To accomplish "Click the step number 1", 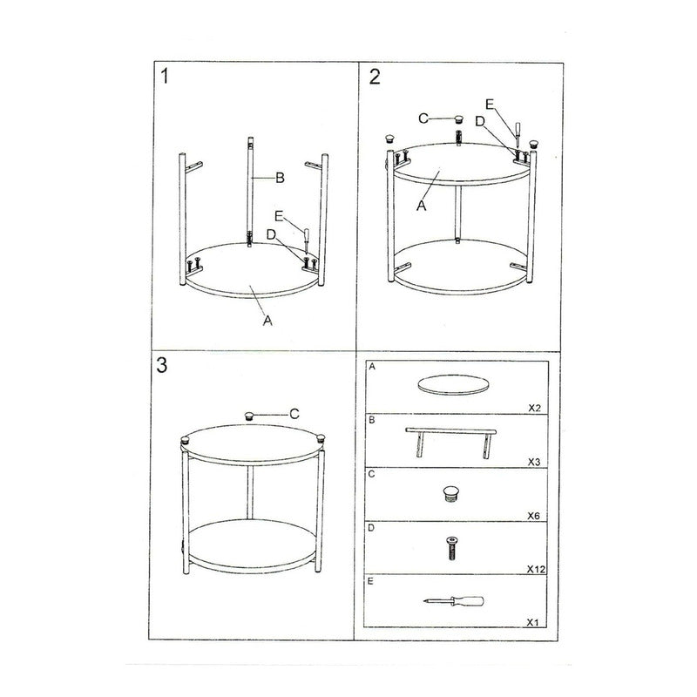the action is pyautogui.click(x=165, y=76).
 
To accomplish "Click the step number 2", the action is pyautogui.click(x=375, y=77).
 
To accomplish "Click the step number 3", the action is pyautogui.click(x=162, y=365).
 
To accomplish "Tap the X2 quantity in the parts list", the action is pyautogui.click(x=534, y=408).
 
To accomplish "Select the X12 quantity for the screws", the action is pyautogui.click(x=536, y=569).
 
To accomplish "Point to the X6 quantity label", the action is pyautogui.click(x=533, y=516).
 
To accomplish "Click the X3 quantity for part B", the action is pyautogui.click(x=534, y=462).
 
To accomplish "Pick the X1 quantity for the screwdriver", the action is pyautogui.click(x=532, y=623).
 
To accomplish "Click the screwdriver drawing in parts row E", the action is pyautogui.click(x=453, y=601).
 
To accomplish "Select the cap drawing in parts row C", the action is pyautogui.click(x=450, y=494).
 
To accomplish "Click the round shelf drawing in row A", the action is pyautogui.click(x=453, y=385).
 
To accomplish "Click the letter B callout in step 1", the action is pyautogui.click(x=280, y=178).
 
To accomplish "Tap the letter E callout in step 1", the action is pyautogui.click(x=279, y=216).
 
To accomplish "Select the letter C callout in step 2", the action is pyautogui.click(x=423, y=118).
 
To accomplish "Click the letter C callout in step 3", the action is pyautogui.click(x=294, y=414).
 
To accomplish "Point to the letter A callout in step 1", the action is pyautogui.click(x=267, y=321).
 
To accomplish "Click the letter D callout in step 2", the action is pyautogui.click(x=480, y=121).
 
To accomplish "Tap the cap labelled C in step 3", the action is pyautogui.click(x=250, y=416).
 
